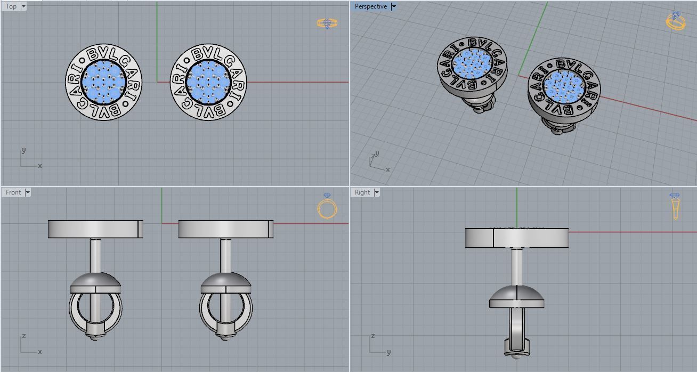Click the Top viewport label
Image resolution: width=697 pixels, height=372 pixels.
(x=11, y=6)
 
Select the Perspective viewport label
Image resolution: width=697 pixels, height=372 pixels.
(x=370, y=6)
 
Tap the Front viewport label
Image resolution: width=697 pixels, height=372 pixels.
(x=13, y=192)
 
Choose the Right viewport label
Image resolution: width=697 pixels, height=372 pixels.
(x=362, y=192)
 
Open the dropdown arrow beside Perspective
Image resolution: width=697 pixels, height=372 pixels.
(x=394, y=6)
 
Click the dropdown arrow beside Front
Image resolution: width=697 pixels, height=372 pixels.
(x=28, y=192)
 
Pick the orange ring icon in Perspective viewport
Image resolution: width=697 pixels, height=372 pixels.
(x=675, y=21)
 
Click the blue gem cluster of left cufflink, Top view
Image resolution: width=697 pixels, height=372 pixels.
(x=103, y=82)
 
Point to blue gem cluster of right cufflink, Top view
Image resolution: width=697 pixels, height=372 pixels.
(x=208, y=82)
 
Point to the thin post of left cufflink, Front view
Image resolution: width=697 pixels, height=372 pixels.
(x=95, y=256)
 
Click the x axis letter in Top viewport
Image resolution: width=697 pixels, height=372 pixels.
(x=40, y=166)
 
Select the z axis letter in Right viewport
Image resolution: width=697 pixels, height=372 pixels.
(x=373, y=336)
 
